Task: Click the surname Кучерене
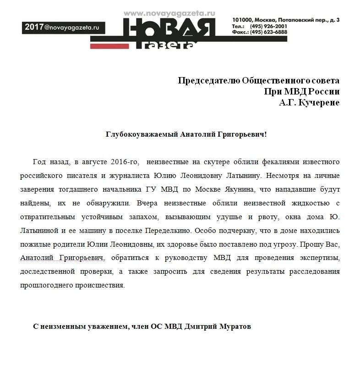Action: (x=319, y=103)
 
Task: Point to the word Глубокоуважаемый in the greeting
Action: (x=142, y=134)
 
